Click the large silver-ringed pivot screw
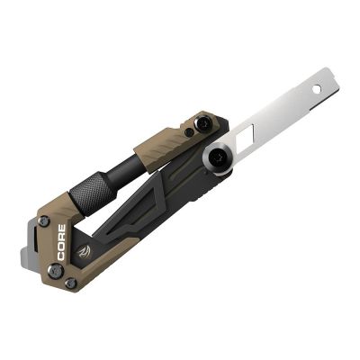218,157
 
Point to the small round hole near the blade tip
317,91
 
